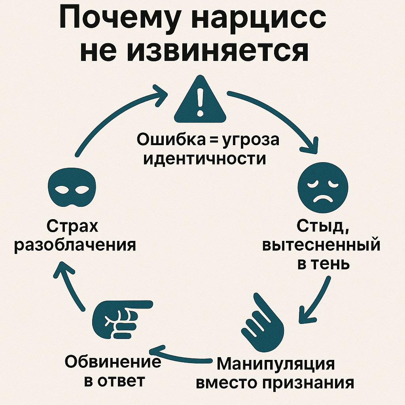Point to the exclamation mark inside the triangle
tap(200, 102)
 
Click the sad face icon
tap(323, 187)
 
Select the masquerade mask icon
tap(72, 187)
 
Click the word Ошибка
tap(171, 140)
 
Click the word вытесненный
tap(321, 245)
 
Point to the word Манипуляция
tap(276, 364)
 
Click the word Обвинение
tap(113, 361)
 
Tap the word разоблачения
tap(75, 245)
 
